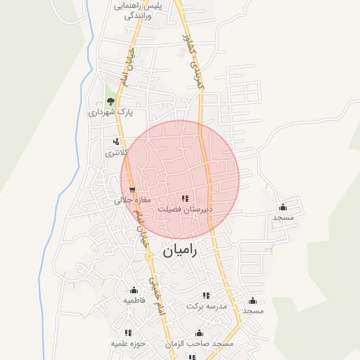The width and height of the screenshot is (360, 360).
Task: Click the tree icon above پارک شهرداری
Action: coord(110,102)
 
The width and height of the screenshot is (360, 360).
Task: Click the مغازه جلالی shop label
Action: coord(133,200)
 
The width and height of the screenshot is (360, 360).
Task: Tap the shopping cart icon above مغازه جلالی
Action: coord(132,189)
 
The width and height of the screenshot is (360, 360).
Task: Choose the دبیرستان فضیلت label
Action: coord(185,210)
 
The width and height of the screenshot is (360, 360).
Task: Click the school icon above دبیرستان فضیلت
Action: coord(185,199)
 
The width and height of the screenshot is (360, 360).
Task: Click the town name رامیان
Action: coord(180,250)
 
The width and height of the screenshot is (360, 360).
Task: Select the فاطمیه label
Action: coord(134,300)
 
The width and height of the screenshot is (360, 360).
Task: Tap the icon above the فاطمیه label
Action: coord(134,290)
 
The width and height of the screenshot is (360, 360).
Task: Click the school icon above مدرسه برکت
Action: coord(206,296)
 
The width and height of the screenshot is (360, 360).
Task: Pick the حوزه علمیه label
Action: coord(128,343)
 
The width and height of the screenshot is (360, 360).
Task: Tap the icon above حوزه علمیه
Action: coord(128,333)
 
